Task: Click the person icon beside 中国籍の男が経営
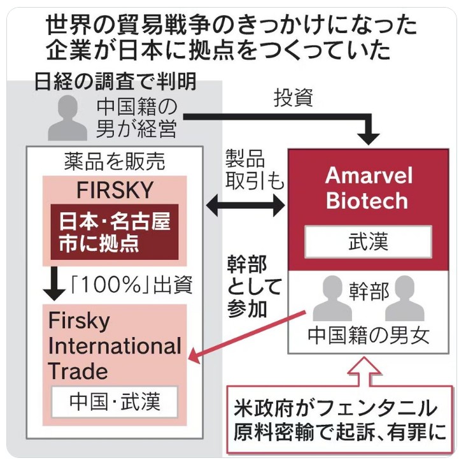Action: (x=67, y=118)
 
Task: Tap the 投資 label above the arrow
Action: (x=293, y=97)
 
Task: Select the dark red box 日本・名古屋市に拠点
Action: (x=115, y=232)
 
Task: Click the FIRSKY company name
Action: (x=115, y=190)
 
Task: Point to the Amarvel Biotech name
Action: (x=369, y=188)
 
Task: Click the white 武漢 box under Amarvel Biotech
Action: (x=368, y=241)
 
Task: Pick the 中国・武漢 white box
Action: (x=115, y=401)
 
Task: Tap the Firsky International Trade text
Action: (x=115, y=346)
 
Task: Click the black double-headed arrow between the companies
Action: (x=245, y=205)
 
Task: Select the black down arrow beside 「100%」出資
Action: (x=54, y=284)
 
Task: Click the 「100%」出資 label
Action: (x=132, y=285)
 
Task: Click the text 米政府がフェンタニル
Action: (x=335, y=408)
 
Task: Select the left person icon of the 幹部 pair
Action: (x=332, y=298)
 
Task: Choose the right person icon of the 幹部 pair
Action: (x=404, y=298)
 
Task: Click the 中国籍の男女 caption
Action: (x=369, y=336)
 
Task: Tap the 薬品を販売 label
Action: (x=115, y=162)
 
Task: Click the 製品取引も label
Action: (x=254, y=169)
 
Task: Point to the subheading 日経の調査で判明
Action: (x=116, y=81)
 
